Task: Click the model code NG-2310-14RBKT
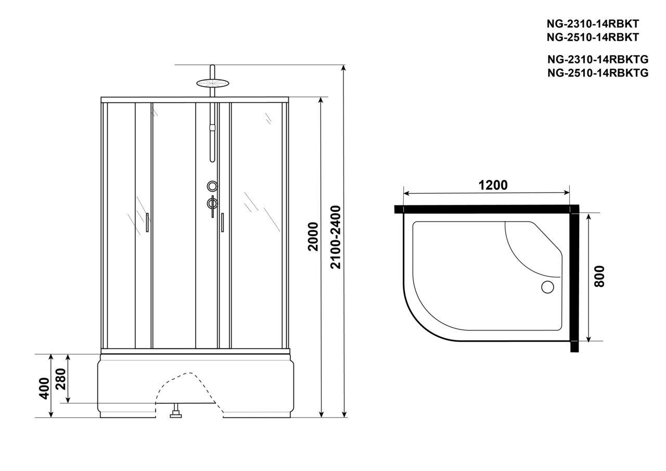(x=593, y=24)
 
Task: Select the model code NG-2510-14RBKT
(x=593, y=37)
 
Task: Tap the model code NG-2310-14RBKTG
(x=598, y=59)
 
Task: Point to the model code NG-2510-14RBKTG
(x=598, y=73)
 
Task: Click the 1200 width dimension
(x=493, y=185)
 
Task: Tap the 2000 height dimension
(x=313, y=237)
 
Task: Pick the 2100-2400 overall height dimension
(x=336, y=237)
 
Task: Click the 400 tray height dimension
(x=44, y=388)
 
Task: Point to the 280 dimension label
(x=61, y=379)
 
